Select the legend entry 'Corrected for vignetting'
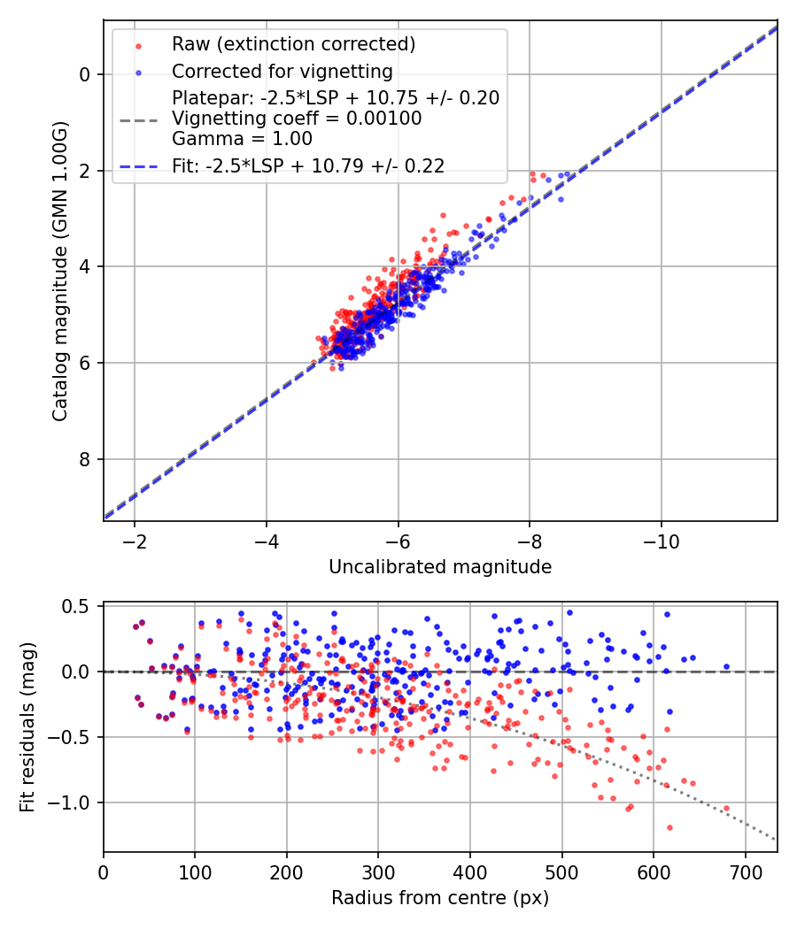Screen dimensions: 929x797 point(282,71)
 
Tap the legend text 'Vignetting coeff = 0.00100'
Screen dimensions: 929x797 point(297,119)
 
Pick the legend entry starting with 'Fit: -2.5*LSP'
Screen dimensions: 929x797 point(308,165)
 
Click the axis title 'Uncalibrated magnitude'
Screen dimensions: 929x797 point(440,567)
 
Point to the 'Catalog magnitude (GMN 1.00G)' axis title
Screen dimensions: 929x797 point(60,270)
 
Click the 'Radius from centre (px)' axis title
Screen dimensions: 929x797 point(440,898)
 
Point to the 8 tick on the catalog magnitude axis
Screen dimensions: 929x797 point(85,459)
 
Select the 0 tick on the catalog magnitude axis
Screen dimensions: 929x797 point(85,74)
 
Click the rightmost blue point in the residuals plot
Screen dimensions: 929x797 point(726,666)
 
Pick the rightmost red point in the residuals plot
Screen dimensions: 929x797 point(726,808)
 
